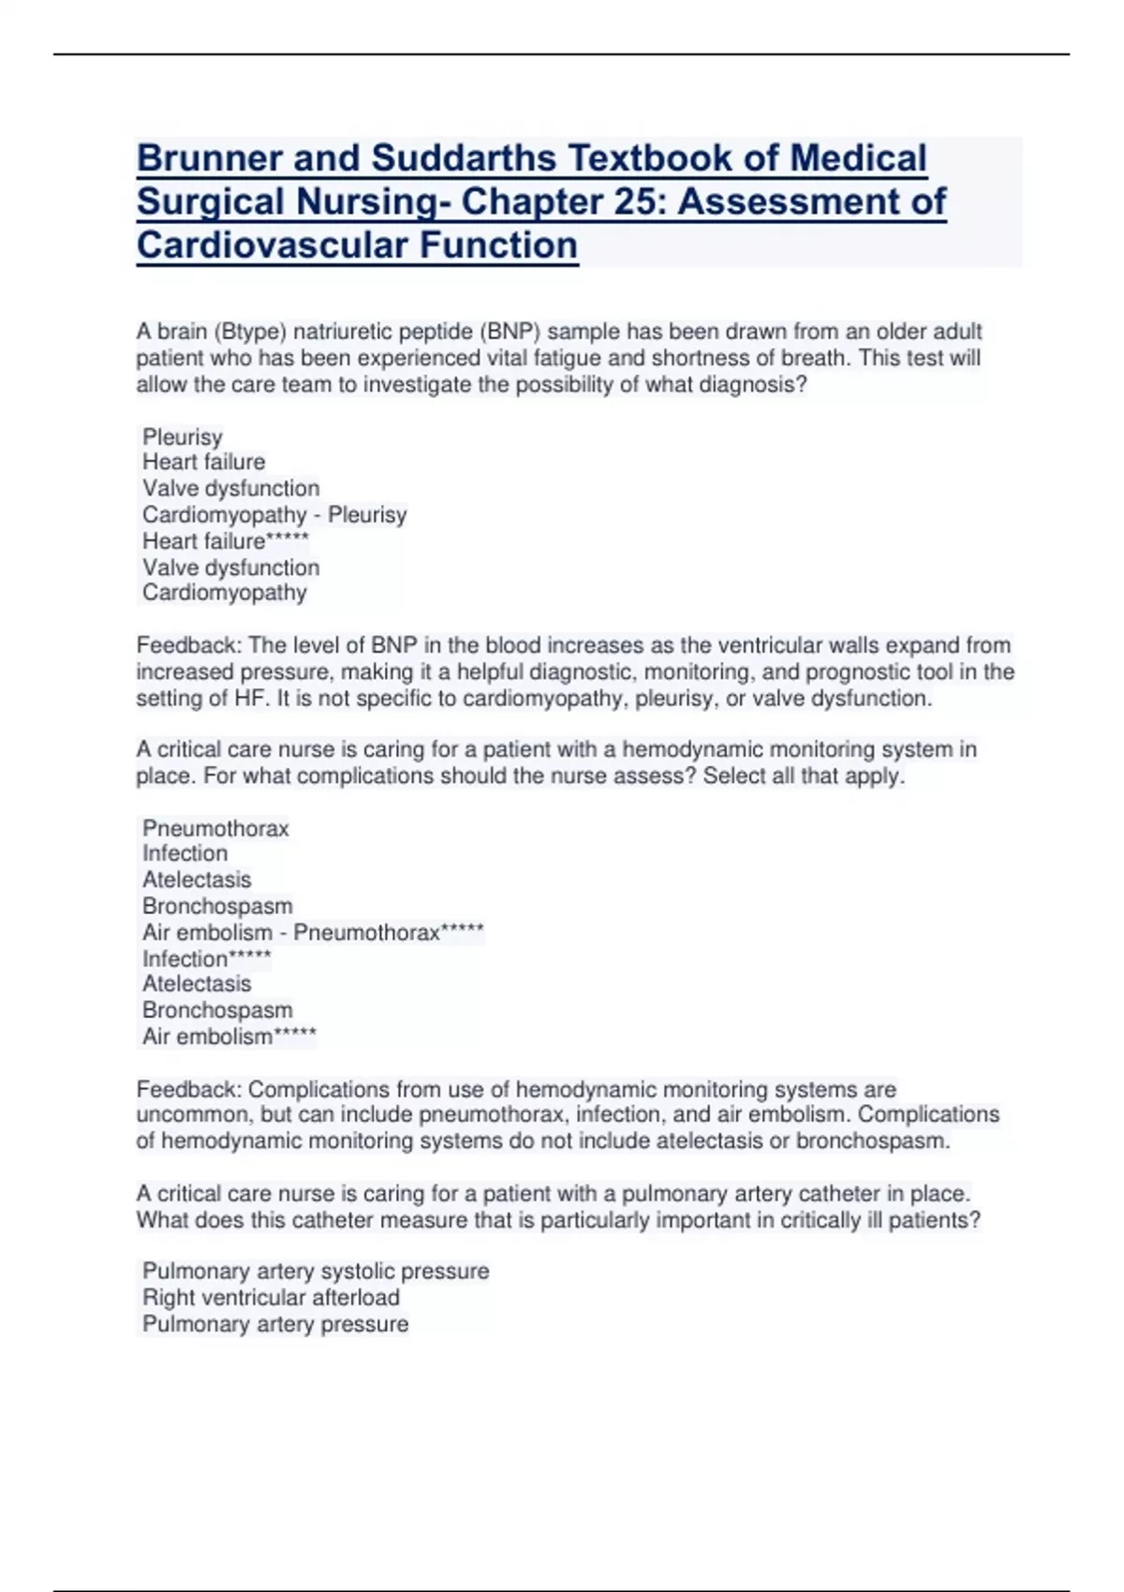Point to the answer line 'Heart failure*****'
(x=225, y=541)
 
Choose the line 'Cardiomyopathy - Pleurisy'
(x=274, y=515)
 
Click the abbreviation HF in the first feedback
(x=253, y=699)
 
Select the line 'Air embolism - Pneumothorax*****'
(x=313, y=933)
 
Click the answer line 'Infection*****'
(x=206, y=959)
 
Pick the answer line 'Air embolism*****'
(x=229, y=1037)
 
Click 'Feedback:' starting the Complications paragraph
(x=188, y=1090)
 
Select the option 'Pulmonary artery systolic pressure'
(x=316, y=1271)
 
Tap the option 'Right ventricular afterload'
(x=271, y=1297)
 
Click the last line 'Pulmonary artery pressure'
(x=275, y=1323)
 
